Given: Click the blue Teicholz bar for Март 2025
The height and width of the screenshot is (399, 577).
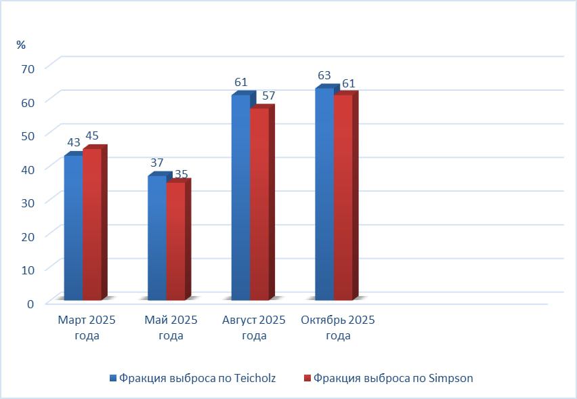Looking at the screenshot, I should tap(73, 228).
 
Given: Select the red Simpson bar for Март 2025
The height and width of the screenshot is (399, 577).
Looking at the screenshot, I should tap(92, 224).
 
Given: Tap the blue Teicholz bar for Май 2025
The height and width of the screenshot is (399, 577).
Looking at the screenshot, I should tap(156, 238).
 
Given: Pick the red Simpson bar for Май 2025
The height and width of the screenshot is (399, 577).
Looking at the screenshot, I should tap(175, 241).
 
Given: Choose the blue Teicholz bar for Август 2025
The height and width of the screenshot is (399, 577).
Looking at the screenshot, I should tap(240, 197).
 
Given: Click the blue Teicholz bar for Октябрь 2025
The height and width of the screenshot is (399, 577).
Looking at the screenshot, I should tap(324, 194).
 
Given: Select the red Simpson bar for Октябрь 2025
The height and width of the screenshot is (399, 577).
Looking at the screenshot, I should tap(343, 197).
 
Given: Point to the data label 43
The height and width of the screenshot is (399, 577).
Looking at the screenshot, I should tap(74, 143).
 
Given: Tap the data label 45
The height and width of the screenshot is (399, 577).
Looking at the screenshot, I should tap(92, 136).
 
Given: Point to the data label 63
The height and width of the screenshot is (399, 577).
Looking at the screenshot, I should tap(324, 75).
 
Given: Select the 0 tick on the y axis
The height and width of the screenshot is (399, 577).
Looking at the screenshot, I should tap(30, 303).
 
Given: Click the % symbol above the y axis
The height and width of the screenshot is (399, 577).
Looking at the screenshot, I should tap(21, 45).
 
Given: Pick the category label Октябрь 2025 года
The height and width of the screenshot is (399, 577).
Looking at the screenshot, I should tap(338, 328).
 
